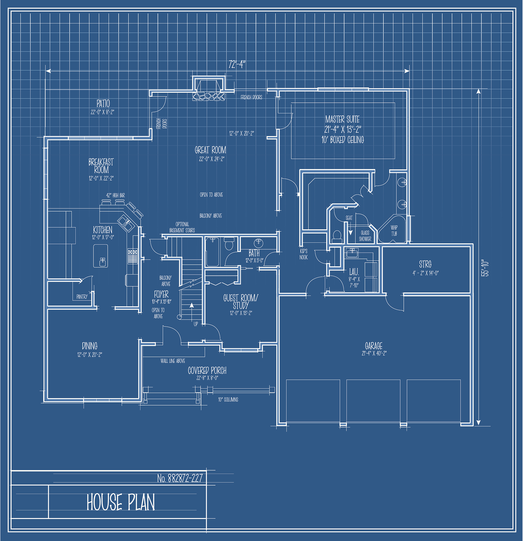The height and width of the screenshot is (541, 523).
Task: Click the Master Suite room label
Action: coord(343,119)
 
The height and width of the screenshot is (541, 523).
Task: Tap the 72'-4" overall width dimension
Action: coord(237,64)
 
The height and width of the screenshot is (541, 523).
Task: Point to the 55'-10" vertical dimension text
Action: coord(485,268)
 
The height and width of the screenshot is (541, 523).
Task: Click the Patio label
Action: coord(103,104)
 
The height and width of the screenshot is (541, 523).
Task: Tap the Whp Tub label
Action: coord(394,230)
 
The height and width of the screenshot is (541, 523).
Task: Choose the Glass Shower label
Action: coord(365,236)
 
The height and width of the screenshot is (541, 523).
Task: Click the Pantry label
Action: coord(82,297)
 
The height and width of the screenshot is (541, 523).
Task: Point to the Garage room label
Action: coord(374,346)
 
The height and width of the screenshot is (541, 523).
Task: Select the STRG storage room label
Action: coord(425,264)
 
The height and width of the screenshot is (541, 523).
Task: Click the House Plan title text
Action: coord(121,502)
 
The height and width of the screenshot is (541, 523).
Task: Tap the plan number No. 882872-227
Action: coord(180,478)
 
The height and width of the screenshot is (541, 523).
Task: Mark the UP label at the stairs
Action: coord(196,324)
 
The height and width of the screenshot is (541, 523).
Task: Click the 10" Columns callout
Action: coord(228,399)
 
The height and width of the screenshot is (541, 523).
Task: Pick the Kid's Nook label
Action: coord(303,254)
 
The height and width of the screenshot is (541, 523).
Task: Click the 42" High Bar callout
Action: coord(116,195)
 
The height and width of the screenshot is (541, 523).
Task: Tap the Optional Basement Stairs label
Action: coord(182,227)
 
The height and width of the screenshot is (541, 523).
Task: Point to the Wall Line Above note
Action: coord(173,361)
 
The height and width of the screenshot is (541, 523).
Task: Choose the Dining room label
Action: coord(90,346)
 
